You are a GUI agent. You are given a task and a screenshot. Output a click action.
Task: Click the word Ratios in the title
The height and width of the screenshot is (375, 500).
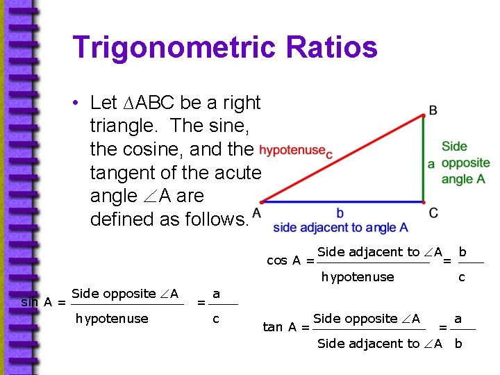click(x=333, y=48)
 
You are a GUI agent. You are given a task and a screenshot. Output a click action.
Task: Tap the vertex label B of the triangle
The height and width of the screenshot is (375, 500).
click(x=433, y=110)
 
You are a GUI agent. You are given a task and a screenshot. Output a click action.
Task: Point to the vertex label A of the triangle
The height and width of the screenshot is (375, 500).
click(x=257, y=212)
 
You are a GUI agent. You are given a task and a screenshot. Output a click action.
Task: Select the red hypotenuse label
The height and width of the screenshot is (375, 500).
click(x=292, y=150)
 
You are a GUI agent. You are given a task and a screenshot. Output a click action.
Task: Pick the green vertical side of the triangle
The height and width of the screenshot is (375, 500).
click(x=424, y=159)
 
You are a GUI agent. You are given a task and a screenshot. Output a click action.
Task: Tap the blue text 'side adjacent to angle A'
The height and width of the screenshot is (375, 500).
click(x=340, y=227)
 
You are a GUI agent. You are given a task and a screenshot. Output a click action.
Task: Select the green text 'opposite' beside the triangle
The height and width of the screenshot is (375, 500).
click(x=465, y=163)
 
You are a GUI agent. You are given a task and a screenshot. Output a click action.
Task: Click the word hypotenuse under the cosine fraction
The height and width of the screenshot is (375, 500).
click(x=358, y=277)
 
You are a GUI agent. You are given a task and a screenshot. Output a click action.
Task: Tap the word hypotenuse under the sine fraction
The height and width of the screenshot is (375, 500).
click(x=112, y=319)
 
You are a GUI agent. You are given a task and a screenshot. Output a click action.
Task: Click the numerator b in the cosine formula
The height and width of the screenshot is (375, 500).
click(x=462, y=251)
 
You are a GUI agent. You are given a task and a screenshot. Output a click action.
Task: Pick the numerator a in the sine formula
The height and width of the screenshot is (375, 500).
click(x=216, y=294)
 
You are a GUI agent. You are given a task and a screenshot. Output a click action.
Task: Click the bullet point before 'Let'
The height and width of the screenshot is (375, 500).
click(x=81, y=103)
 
